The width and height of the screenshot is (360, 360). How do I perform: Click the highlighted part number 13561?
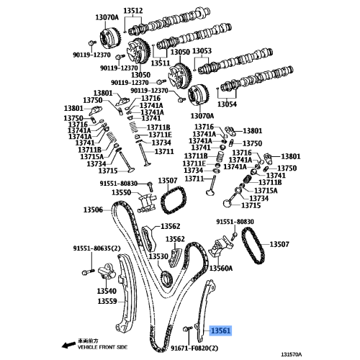220,330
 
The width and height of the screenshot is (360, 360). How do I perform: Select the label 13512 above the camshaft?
132,10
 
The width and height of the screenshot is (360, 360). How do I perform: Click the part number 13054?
226,104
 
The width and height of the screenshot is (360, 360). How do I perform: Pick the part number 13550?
121,193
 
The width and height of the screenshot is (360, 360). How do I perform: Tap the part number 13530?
158,256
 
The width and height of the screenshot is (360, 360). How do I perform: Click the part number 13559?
107,301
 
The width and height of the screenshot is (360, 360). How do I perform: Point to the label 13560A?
221,268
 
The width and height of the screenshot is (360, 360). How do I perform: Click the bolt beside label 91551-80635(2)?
86,271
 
